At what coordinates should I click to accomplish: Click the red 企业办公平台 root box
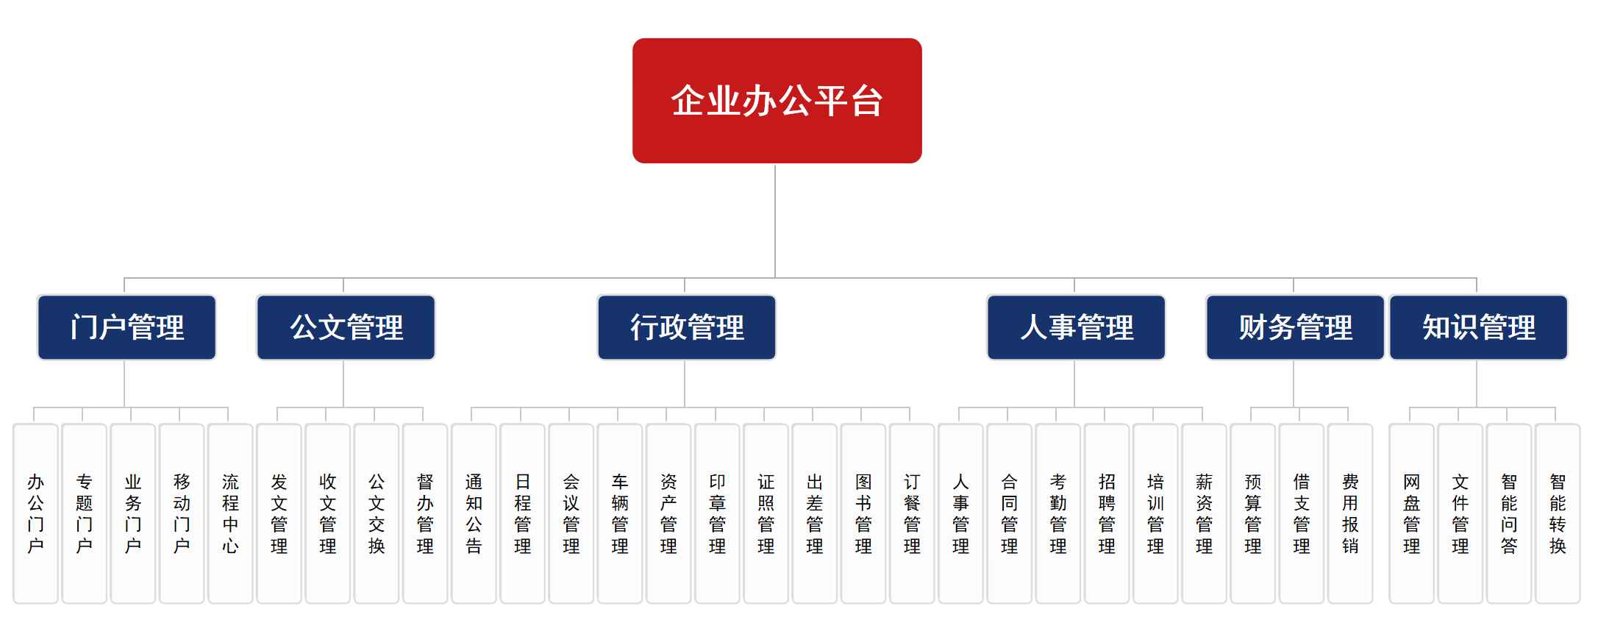click(x=777, y=101)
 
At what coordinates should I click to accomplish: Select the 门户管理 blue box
click(x=126, y=327)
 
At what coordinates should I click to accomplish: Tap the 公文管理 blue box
click(x=346, y=327)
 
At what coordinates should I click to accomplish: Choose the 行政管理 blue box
click(x=686, y=327)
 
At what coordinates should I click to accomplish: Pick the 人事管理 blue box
click(x=1076, y=327)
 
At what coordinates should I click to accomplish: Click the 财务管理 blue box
click(x=1294, y=327)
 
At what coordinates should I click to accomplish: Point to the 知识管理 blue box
click(x=1478, y=327)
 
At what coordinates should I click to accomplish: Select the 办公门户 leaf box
click(x=35, y=513)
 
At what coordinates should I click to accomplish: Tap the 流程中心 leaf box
click(x=230, y=513)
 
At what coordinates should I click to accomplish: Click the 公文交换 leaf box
click(x=376, y=513)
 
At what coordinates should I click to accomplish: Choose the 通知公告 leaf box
click(x=474, y=513)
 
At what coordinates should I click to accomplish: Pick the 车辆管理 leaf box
click(x=620, y=513)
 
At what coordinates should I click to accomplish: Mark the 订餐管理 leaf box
click(x=912, y=513)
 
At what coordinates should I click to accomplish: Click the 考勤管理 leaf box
click(x=1057, y=513)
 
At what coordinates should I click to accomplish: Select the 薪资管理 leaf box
click(x=1204, y=513)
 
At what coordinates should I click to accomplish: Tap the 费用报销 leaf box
click(x=1350, y=513)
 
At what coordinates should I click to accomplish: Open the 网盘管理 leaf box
click(x=1411, y=513)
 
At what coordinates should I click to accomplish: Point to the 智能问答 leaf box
click(x=1509, y=513)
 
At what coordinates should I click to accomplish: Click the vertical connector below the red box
click(x=775, y=221)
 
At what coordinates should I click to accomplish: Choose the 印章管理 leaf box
click(x=717, y=513)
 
